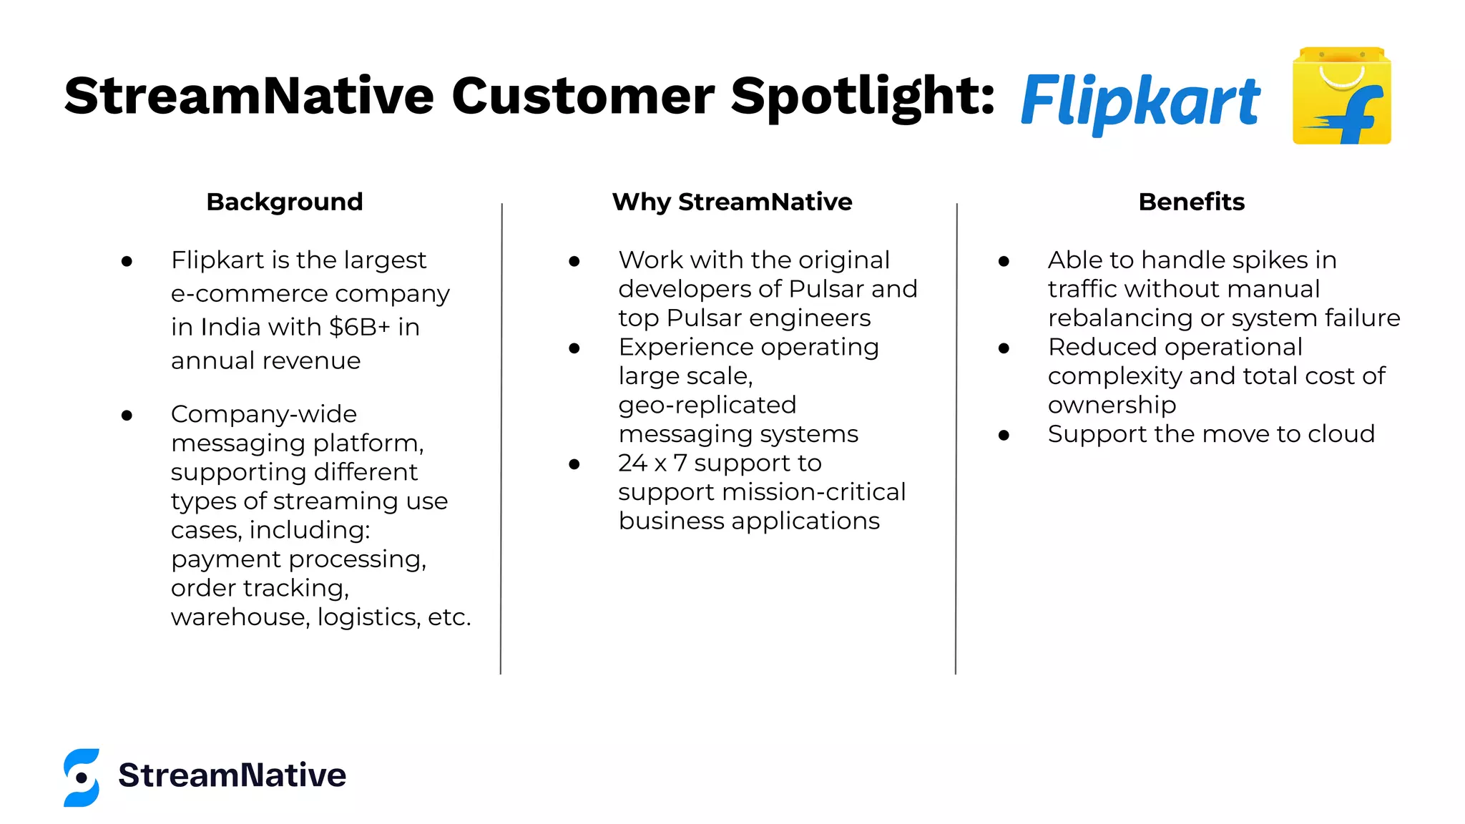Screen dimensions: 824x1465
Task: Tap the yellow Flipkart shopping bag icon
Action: [x=1341, y=97]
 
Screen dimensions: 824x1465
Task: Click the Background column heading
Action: [x=285, y=202]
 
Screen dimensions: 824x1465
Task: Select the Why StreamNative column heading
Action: [x=732, y=202]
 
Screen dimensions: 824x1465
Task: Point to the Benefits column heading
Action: [x=1191, y=202]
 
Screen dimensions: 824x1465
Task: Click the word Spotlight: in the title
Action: [x=862, y=97]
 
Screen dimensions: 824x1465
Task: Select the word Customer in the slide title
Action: [x=582, y=97]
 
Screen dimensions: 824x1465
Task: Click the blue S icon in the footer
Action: [x=82, y=778]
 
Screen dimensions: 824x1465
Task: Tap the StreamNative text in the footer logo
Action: [x=232, y=775]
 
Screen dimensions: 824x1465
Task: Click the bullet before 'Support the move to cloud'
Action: [x=1004, y=435]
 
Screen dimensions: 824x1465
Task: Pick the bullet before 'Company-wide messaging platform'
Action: [x=127, y=415]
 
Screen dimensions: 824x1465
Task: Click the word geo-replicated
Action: [x=707, y=405]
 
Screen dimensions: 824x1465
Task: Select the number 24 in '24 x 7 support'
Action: [x=633, y=463]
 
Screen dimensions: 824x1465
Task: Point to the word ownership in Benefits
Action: [x=1112, y=405]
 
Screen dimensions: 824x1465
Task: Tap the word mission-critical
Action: [x=813, y=492]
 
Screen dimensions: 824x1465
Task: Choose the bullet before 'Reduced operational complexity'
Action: [x=1004, y=348]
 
